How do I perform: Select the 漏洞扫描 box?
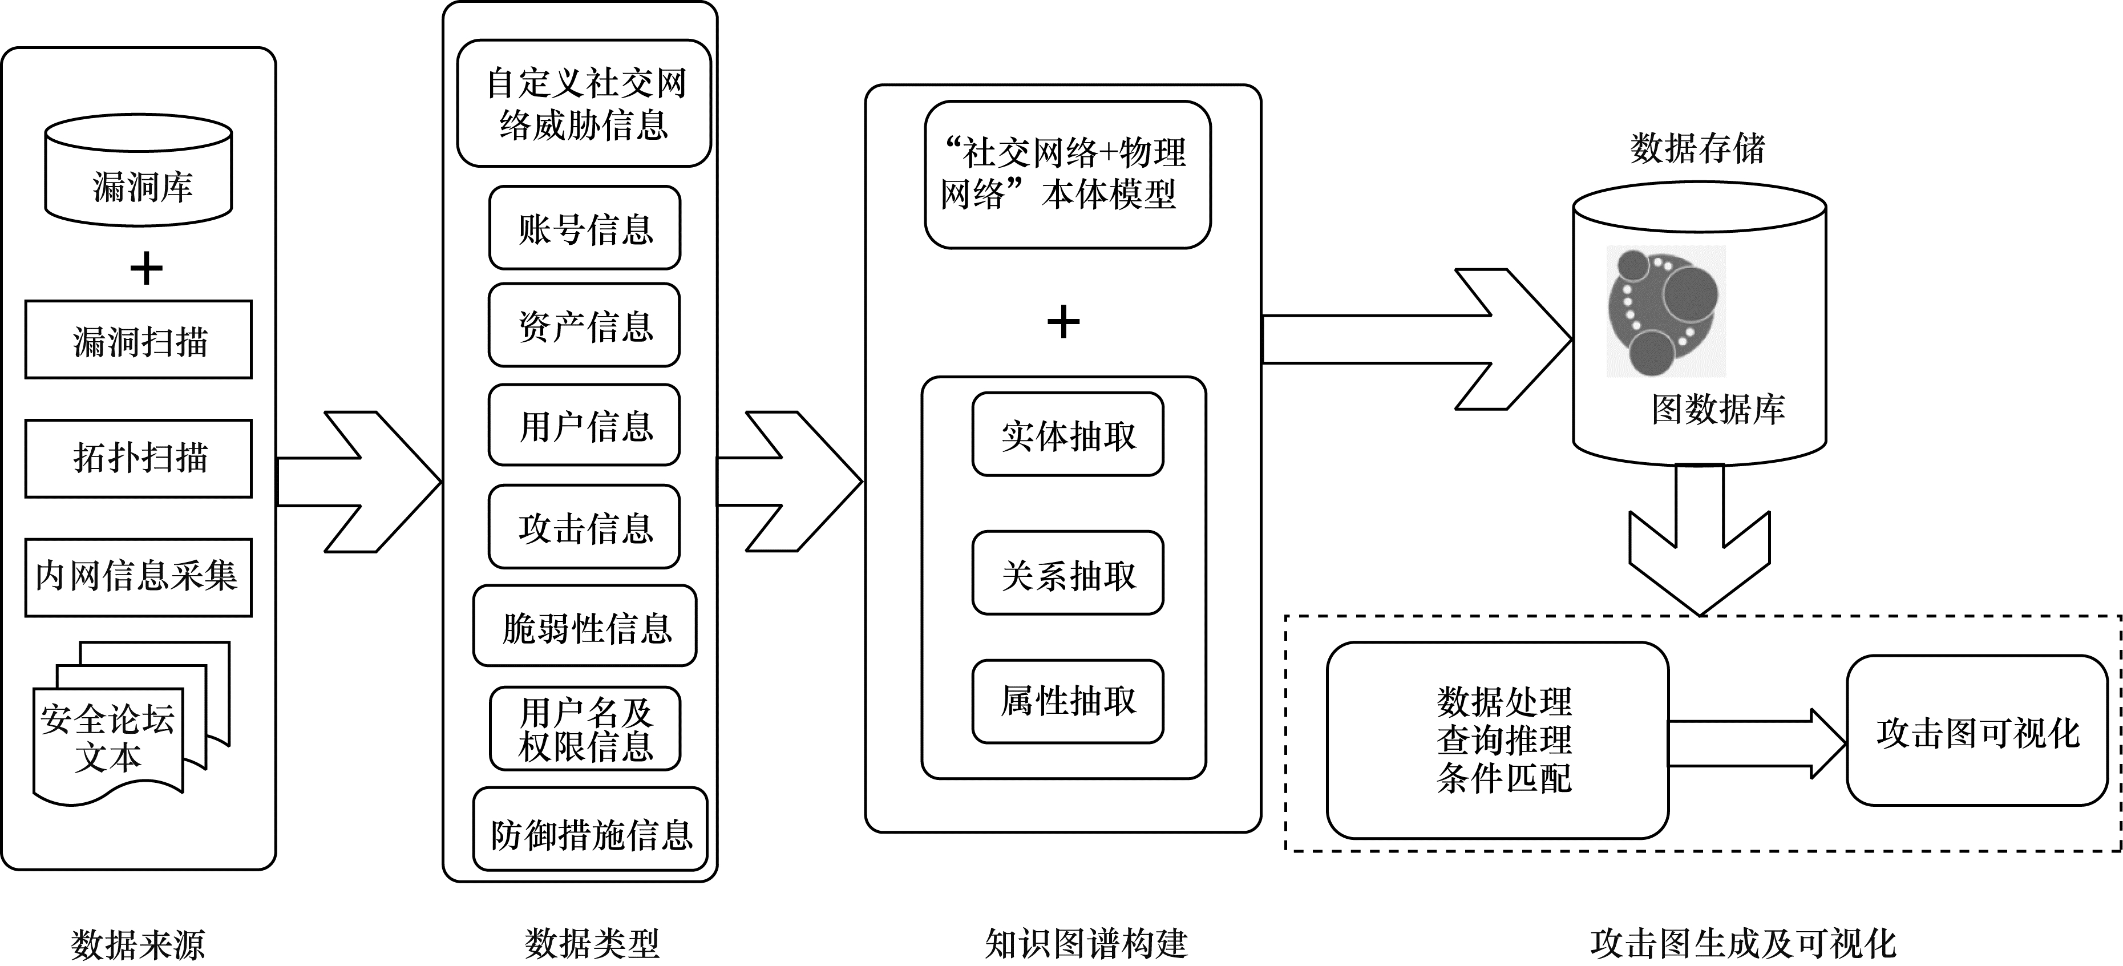(x=139, y=339)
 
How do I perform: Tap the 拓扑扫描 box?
(x=139, y=458)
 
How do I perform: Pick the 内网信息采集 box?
(x=139, y=577)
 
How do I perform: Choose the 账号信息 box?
(x=584, y=228)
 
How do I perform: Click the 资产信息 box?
(x=584, y=326)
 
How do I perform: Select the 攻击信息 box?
(x=584, y=527)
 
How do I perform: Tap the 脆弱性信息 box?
(x=584, y=627)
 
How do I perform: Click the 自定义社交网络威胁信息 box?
(x=584, y=104)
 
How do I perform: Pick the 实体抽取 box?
(x=1067, y=434)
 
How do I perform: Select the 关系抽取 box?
(x=1067, y=573)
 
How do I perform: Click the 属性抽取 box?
(x=1067, y=701)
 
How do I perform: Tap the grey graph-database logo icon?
(x=1665, y=312)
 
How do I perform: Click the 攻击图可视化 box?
(x=1977, y=731)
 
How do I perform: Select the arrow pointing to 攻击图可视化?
(x=1756, y=743)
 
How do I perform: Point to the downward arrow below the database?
(x=1700, y=544)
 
